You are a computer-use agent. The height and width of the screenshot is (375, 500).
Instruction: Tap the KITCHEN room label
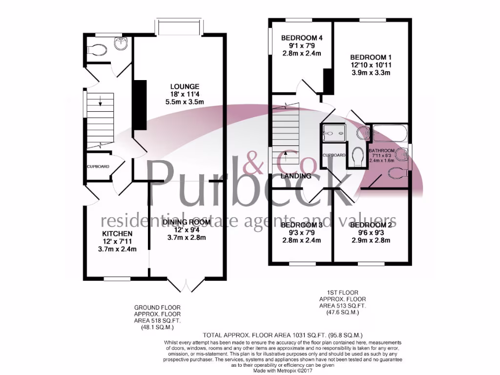[117, 234]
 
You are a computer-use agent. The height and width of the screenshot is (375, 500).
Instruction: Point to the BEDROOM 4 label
[302, 38]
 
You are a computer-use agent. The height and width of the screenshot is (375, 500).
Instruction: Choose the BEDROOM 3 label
[302, 225]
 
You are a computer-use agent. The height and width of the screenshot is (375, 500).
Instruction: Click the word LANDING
[296, 176]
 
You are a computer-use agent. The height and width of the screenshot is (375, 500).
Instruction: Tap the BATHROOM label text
[381, 150]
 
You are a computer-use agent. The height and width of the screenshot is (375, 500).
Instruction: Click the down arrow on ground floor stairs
[100, 102]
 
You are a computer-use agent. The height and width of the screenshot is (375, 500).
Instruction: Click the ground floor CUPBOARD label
[98, 167]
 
